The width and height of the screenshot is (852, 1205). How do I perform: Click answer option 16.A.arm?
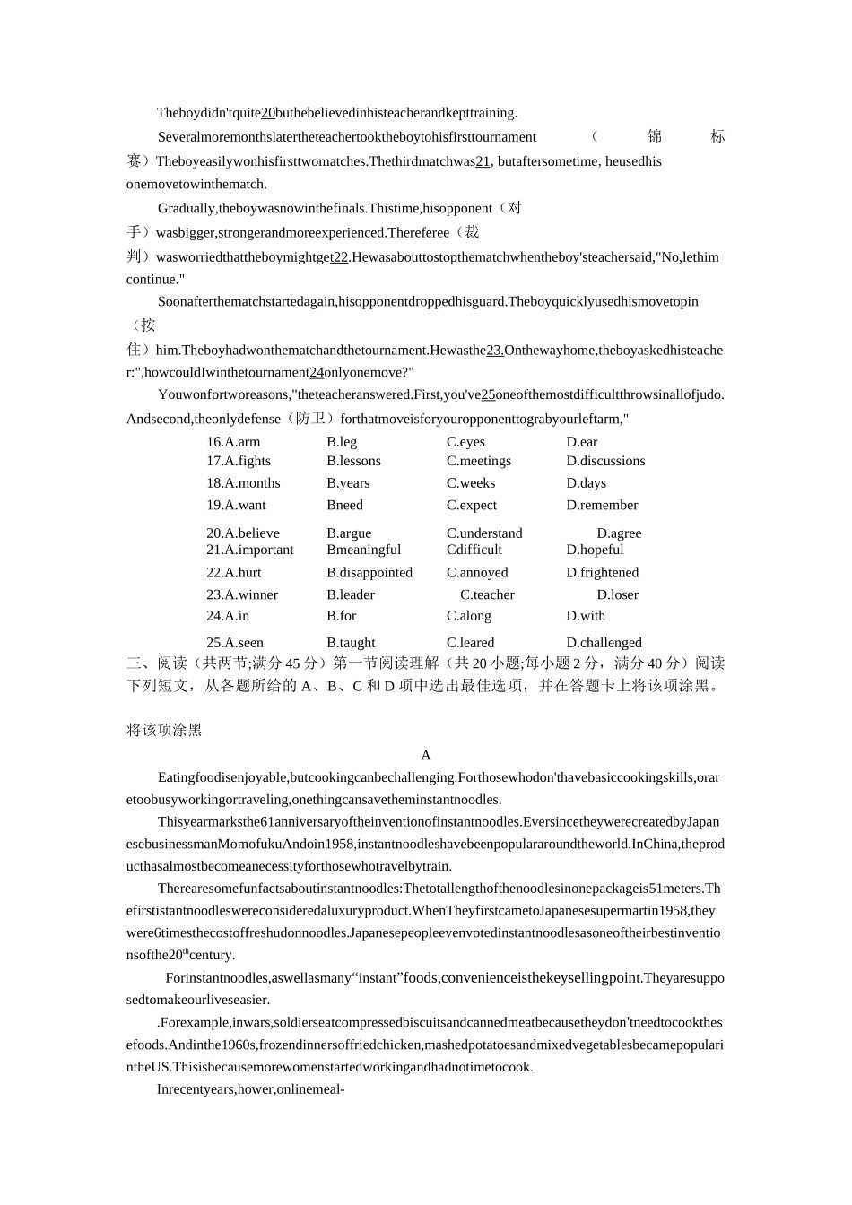click(x=233, y=442)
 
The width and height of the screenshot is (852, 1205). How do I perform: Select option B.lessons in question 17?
click(x=353, y=461)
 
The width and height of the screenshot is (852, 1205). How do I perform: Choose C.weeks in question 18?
click(x=471, y=483)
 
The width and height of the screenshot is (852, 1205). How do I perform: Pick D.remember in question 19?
click(x=602, y=506)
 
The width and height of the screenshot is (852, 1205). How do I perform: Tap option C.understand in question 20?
click(x=484, y=533)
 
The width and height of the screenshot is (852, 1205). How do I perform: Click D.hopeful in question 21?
click(x=595, y=550)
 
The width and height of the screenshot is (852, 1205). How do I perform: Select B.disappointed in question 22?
click(x=369, y=573)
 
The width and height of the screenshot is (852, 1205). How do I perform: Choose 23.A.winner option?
click(x=242, y=595)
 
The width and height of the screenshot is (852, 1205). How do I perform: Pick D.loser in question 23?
click(x=617, y=595)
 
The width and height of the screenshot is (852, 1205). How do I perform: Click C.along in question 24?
click(x=468, y=616)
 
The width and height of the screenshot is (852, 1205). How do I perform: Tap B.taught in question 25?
click(x=351, y=643)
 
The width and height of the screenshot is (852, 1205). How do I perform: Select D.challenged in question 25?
click(x=604, y=643)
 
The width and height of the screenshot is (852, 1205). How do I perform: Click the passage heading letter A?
click(x=426, y=756)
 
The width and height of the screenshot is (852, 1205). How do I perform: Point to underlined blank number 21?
click(x=483, y=162)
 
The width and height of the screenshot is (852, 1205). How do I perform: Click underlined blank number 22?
click(x=339, y=257)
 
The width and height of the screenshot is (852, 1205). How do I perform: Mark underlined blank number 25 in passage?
click(x=488, y=394)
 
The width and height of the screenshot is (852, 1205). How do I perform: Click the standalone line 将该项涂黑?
click(x=164, y=731)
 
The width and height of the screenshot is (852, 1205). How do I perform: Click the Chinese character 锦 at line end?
click(x=655, y=136)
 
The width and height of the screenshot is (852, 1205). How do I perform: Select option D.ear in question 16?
click(x=581, y=442)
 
